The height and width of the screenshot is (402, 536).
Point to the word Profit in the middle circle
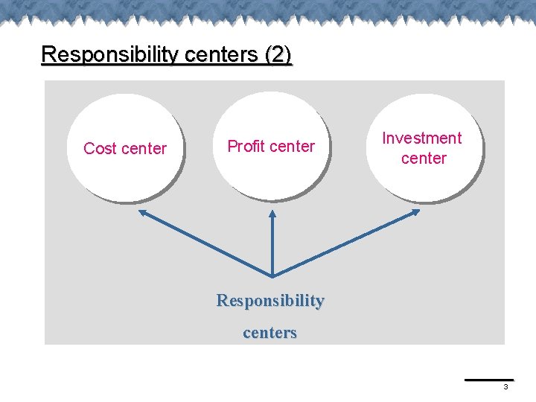point(249,146)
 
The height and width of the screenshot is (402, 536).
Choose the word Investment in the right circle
point(422,138)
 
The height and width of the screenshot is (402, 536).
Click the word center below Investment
point(424,158)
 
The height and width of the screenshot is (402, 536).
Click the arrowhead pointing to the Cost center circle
point(143,213)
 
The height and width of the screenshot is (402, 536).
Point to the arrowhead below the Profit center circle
point(272,214)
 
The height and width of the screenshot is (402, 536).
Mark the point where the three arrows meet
point(272,275)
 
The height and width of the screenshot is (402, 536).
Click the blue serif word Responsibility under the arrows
point(270,301)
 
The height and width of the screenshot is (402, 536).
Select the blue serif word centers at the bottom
point(270,333)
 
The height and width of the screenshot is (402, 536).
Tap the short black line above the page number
point(489,380)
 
